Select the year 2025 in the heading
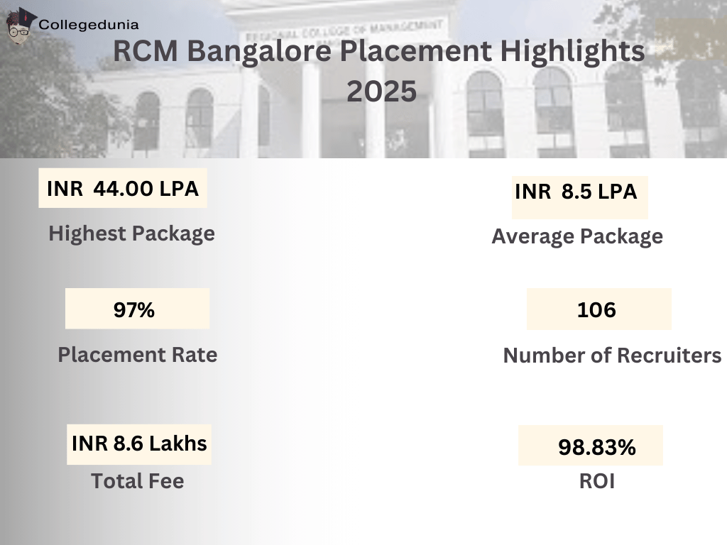(x=381, y=92)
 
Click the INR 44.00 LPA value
(x=122, y=189)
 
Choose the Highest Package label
(x=131, y=233)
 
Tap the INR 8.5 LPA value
(x=576, y=192)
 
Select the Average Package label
(x=577, y=236)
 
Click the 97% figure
(x=134, y=309)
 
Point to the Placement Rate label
(x=137, y=354)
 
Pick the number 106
(x=596, y=309)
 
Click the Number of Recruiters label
(x=612, y=355)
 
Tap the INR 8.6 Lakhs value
(x=139, y=444)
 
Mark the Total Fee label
(x=137, y=481)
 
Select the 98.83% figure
(x=596, y=447)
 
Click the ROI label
(x=596, y=481)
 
